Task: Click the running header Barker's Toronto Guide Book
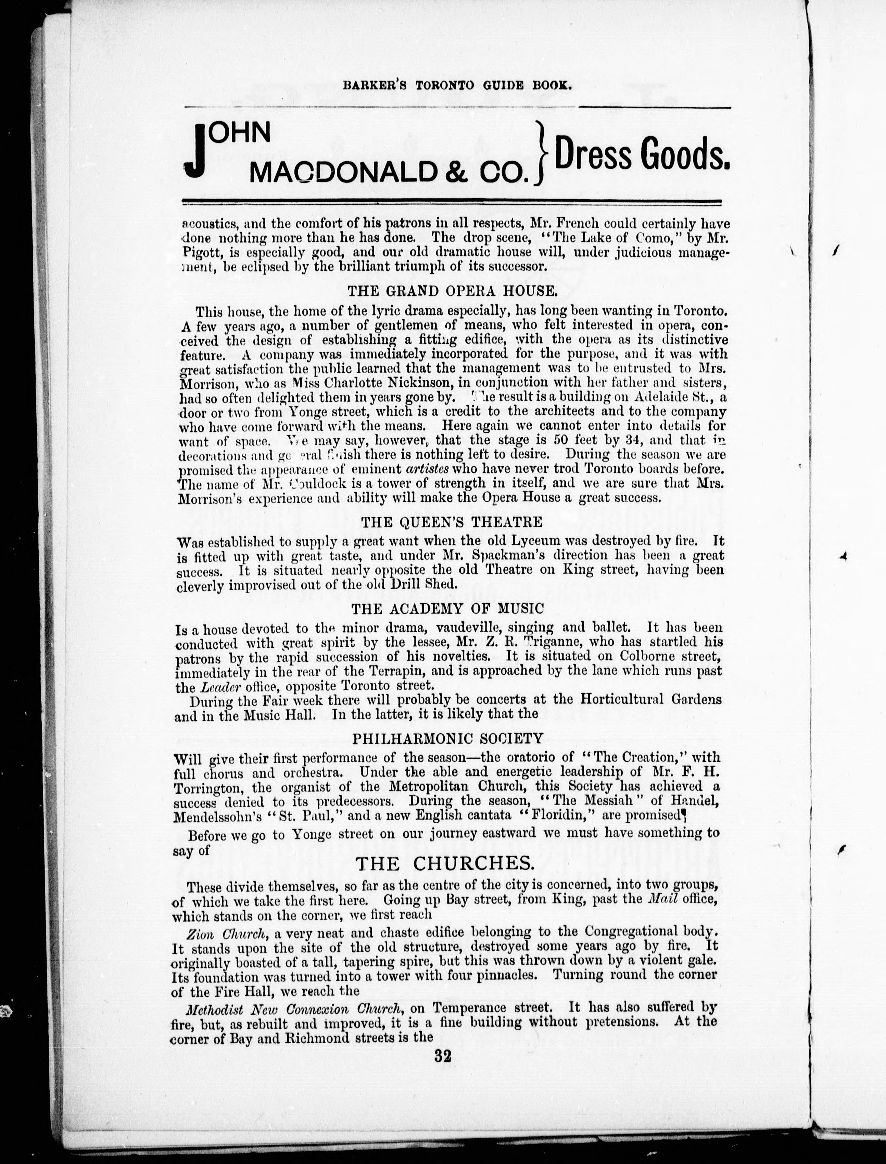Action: [x=457, y=86]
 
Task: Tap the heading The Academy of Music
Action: [x=447, y=609]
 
